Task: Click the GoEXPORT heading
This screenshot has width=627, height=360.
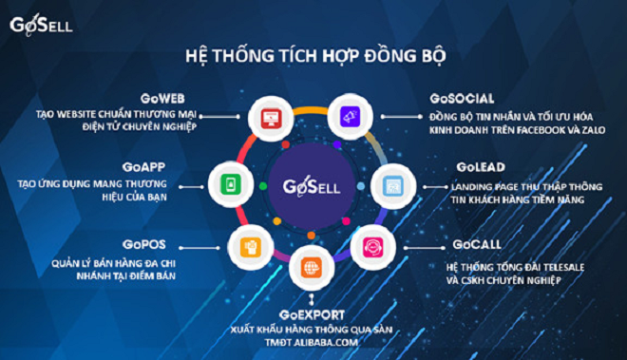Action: click(313, 313)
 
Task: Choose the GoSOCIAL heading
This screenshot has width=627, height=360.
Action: click(462, 98)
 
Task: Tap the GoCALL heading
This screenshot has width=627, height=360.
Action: click(467, 244)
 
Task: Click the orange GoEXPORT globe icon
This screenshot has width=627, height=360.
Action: click(311, 267)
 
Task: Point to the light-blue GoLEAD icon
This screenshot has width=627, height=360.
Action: click(391, 182)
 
